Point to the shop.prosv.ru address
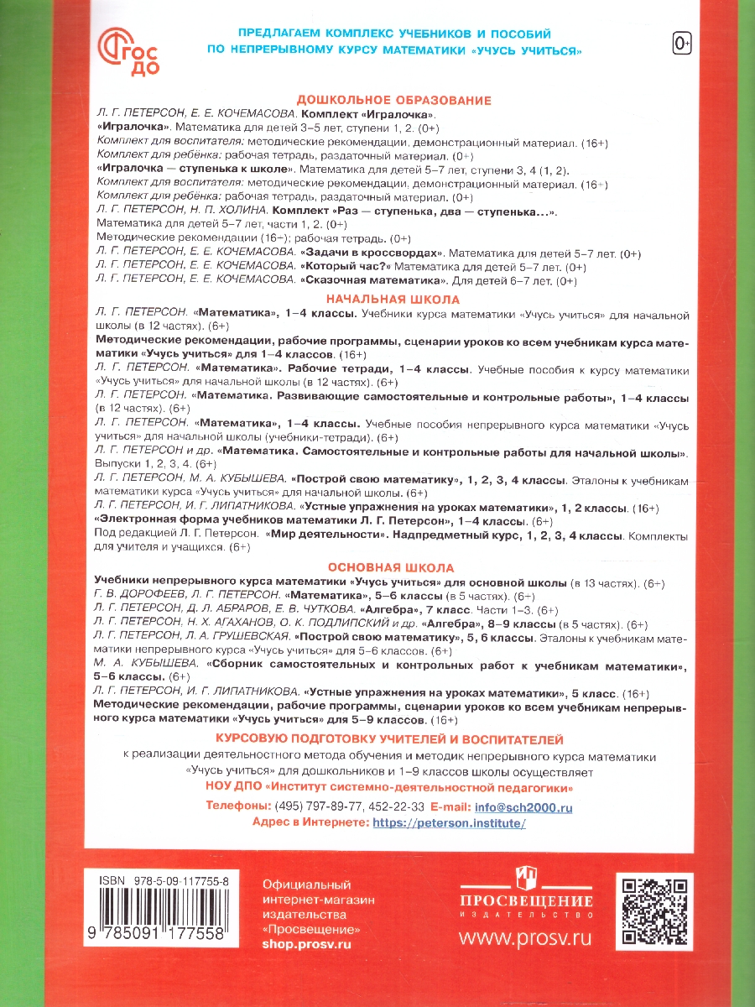tap(306, 943)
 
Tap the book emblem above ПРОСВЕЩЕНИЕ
tap(526, 876)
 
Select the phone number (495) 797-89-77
tap(324, 807)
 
